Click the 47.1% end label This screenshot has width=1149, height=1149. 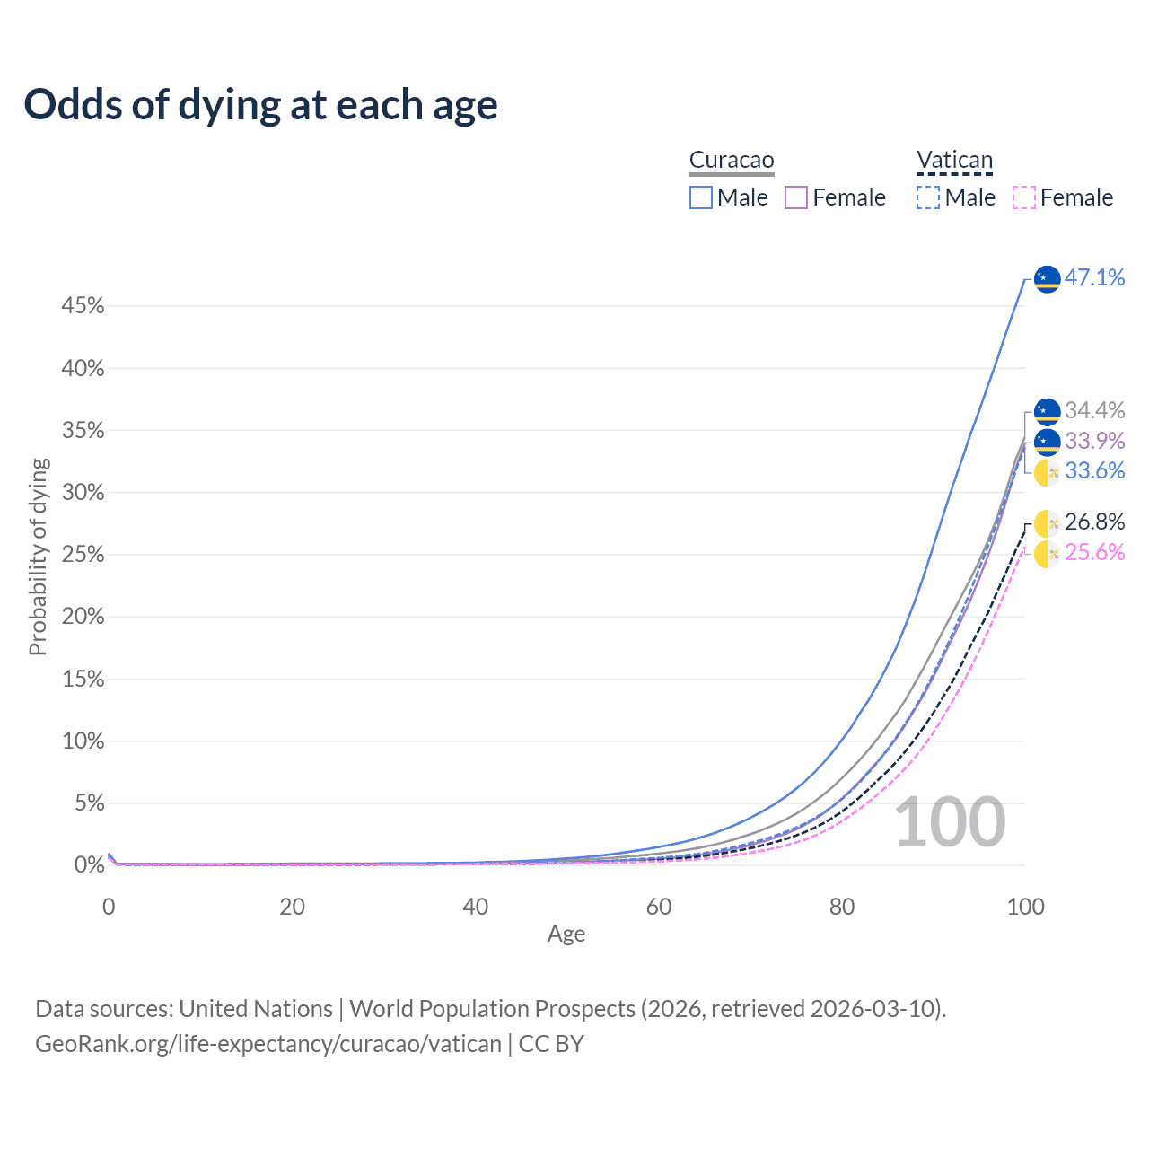tap(1094, 277)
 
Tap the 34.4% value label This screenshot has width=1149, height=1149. tap(1094, 410)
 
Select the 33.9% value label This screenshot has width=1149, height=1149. tap(1094, 441)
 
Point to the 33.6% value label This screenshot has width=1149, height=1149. tap(1094, 470)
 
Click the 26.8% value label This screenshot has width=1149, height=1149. tap(1094, 522)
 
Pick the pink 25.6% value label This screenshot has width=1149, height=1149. tap(1094, 552)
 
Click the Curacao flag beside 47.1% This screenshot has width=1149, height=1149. tap(1047, 278)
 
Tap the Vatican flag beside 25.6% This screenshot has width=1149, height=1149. tap(1047, 554)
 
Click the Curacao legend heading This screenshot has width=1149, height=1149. tap(732, 160)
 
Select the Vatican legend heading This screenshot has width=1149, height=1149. tap(954, 160)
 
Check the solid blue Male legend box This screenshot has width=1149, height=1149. tap(700, 197)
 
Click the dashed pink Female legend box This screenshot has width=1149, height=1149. tap(1024, 197)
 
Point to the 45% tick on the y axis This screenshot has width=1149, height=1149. tap(83, 306)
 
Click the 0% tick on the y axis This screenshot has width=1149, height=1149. tap(90, 864)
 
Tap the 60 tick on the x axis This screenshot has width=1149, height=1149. tap(659, 907)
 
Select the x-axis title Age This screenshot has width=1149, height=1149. tap(566, 934)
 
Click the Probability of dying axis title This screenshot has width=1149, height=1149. tap(38, 557)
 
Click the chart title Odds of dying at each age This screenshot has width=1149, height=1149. tap(260, 105)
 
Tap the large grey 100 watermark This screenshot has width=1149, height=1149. tap(951, 822)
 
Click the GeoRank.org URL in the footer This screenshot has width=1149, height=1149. tap(268, 1044)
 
